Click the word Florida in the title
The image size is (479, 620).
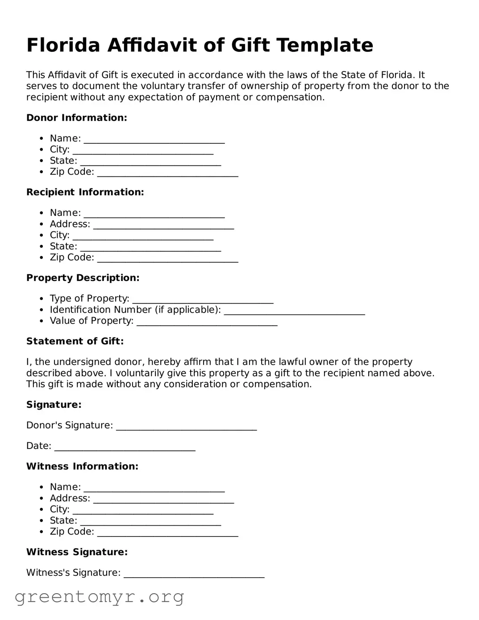coord(63,46)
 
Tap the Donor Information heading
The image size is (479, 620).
coord(77,118)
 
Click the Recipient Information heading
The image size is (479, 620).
coord(85,192)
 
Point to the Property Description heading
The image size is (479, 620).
coord(83,278)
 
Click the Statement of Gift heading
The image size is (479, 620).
coord(75,341)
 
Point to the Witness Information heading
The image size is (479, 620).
coord(82,466)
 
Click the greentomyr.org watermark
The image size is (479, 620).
coord(100,597)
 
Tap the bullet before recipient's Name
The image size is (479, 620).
coord(42,213)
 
